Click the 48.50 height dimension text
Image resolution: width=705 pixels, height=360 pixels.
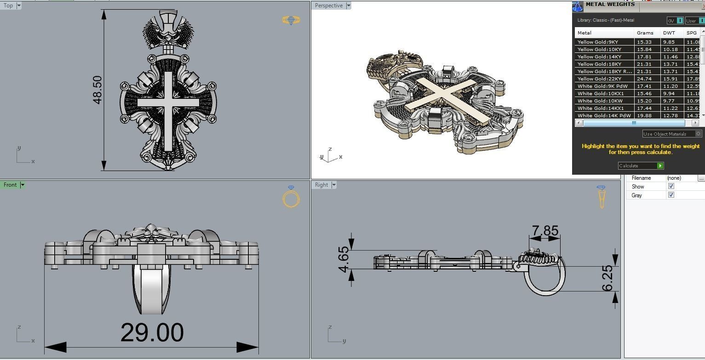(97, 90)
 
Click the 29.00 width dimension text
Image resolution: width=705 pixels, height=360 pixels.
(152, 333)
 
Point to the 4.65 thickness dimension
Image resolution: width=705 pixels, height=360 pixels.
(344, 260)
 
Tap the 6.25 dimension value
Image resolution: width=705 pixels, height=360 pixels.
(608, 278)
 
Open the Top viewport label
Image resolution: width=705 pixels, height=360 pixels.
(8, 6)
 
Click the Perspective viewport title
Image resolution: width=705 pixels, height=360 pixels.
(328, 6)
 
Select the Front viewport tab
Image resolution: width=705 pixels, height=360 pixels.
(10, 185)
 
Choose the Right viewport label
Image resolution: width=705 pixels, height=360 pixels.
(321, 185)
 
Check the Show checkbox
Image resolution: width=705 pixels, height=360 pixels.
(671, 186)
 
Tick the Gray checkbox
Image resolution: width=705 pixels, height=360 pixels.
(671, 195)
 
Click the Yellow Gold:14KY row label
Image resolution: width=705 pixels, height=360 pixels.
(599, 57)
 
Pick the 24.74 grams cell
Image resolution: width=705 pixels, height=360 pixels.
(644, 79)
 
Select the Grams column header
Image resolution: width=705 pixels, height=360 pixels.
(645, 33)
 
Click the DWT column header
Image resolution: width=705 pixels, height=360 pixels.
(669, 33)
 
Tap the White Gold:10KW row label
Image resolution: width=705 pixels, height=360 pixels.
(600, 101)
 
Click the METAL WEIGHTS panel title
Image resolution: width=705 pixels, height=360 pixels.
(610, 5)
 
